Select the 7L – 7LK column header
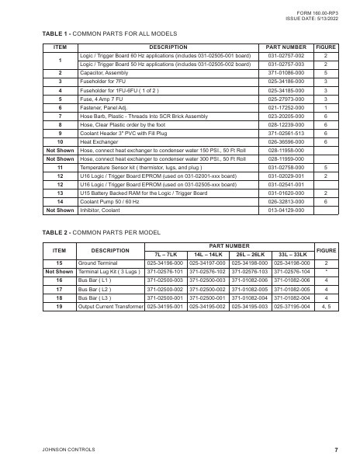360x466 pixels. click(168, 254)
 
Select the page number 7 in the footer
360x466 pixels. click(336, 449)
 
